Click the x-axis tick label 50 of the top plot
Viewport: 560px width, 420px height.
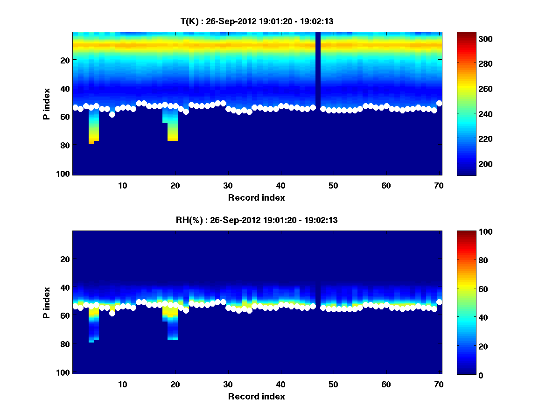pyautogui.click(x=333, y=185)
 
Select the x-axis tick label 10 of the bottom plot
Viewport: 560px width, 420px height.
pyautogui.click(x=122, y=385)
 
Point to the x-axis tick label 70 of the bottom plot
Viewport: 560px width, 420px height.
pyautogui.click(x=439, y=385)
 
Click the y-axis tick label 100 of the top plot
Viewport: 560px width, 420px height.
pyautogui.click(x=64, y=174)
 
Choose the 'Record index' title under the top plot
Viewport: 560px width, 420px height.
pyautogui.click(x=256, y=197)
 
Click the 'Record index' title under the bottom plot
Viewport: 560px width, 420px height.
pyautogui.click(x=256, y=396)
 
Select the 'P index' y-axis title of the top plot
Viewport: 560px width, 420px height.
pyautogui.click(x=46, y=104)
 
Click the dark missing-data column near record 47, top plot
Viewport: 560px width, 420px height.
pyautogui.click(x=318, y=70)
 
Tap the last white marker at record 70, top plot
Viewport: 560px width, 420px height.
pyautogui.click(x=439, y=104)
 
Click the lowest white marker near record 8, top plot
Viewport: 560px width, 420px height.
pyautogui.click(x=112, y=114)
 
